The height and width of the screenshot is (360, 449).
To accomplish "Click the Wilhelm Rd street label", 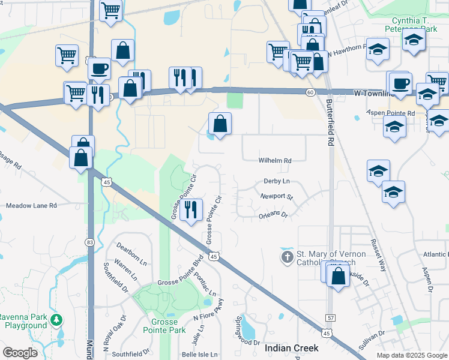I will (275, 161).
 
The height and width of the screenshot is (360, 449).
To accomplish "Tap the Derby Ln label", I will (276, 181).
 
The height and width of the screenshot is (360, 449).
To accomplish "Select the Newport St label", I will (276, 196).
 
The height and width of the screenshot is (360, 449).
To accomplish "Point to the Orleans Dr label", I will (273, 215).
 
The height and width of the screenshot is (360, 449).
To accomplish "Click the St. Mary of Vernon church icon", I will (288, 257).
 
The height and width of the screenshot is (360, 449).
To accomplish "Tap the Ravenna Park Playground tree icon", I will (56, 319).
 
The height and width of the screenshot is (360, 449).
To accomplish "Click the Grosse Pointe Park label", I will (164, 326).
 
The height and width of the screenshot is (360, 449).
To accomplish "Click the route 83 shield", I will (89, 242).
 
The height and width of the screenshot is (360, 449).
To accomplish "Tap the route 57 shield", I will (331, 317).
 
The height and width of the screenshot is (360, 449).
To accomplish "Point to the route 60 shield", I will (310, 92).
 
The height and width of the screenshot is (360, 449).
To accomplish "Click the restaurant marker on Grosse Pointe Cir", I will (191, 210).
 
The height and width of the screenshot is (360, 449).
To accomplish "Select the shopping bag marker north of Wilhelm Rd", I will (220, 124).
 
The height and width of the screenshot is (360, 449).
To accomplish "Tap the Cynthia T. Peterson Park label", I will (414, 24).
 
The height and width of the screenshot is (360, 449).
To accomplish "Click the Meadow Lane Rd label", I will (31, 205).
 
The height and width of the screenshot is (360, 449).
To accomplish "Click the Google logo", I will (20, 353).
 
